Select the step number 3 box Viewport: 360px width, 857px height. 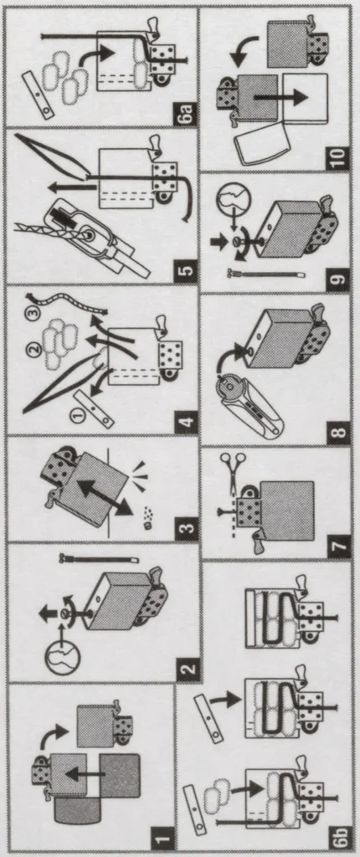[188, 527]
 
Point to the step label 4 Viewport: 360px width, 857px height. [188, 418]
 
